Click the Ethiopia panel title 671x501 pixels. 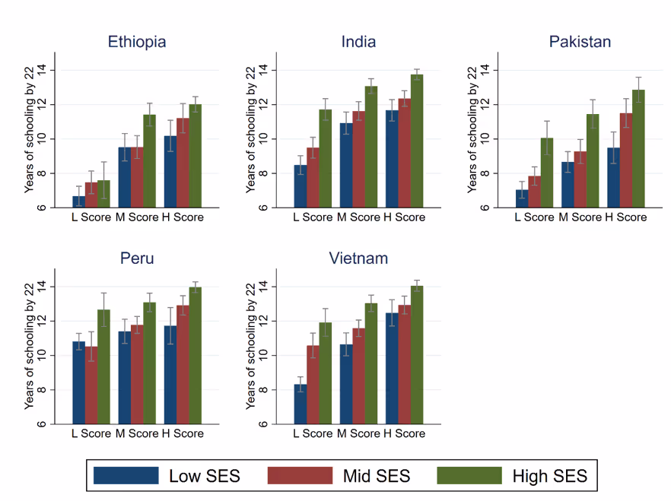coord(137,41)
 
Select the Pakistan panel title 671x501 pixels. coord(580,41)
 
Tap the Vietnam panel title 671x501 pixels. coord(358,258)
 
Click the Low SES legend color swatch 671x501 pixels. coord(126,476)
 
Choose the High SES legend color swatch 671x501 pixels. coord(469,476)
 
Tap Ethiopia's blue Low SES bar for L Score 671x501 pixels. coord(79,201)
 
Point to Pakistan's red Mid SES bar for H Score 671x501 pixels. coord(626,160)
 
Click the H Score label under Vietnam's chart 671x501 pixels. coord(405,433)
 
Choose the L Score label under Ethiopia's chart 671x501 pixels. coord(91,217)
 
